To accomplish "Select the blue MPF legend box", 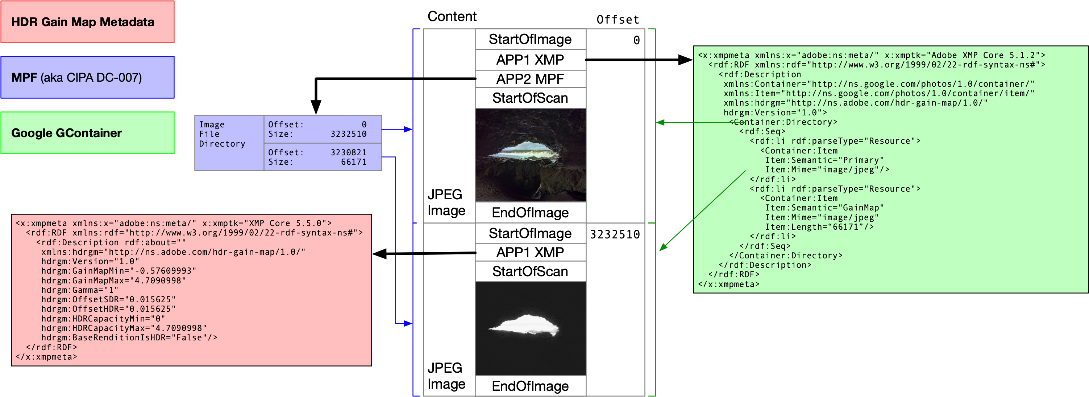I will [87, 77].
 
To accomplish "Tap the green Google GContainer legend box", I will [87, 133].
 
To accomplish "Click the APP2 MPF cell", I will [530, 79].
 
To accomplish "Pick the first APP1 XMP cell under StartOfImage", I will [530, 60].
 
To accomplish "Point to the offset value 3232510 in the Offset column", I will [615, 234].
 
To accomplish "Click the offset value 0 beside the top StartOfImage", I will [636, 40].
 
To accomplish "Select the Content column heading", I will [452, 16].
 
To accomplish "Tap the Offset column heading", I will [618, 20].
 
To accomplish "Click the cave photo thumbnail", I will [530, 155].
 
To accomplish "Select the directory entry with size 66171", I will [323, 157].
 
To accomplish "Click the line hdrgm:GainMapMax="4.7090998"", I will [113, 280].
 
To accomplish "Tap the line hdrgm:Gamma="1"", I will [79, 290].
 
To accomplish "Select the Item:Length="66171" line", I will [819, 227].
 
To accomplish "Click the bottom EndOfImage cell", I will [530, 386].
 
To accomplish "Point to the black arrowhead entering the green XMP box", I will [685, 60].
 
